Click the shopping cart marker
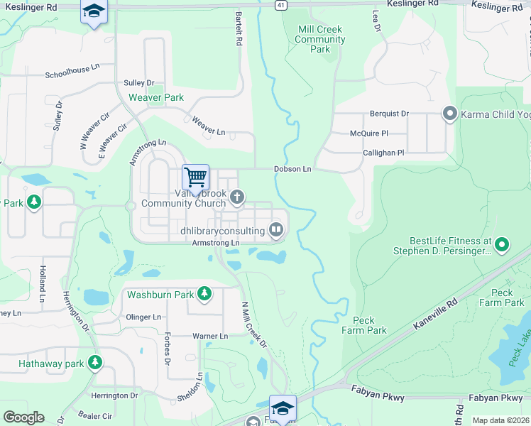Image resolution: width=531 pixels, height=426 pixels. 195,176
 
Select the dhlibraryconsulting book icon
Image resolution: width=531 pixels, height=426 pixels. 275,229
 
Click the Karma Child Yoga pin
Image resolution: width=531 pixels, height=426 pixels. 449,114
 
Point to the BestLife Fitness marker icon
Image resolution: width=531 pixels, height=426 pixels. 502,246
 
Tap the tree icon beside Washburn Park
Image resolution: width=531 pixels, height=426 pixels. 204,293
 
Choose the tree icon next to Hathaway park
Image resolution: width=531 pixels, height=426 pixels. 94,364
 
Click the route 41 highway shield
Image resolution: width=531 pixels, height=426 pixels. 281,4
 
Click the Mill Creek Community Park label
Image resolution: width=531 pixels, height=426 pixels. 320,40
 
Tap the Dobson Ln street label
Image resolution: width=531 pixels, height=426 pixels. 292,169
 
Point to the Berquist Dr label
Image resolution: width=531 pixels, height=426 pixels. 389,114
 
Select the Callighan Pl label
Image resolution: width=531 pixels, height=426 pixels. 383,153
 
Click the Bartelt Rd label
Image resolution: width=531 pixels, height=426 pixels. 239,29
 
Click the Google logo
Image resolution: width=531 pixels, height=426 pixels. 23,417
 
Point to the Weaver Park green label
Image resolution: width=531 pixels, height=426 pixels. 155,97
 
